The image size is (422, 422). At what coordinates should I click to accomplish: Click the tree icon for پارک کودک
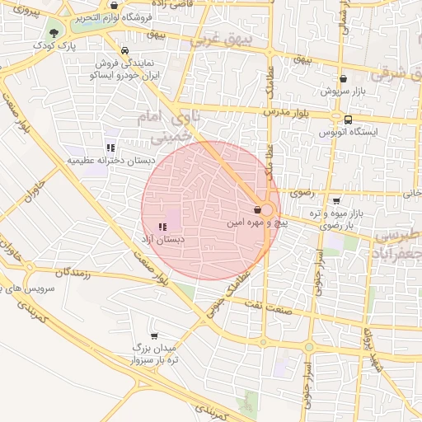click(x=54, y=33)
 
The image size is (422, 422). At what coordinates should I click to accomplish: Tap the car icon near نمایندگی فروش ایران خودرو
click(x=124, y=49)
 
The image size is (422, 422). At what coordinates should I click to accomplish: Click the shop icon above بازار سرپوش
click(x=343, y=79)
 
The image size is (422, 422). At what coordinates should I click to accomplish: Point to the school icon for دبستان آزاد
click(x=162, y=226)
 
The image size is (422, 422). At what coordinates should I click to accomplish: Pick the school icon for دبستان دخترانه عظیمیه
click(x=109, y=148)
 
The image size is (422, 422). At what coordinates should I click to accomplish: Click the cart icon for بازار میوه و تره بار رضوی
click(x=336, y=200)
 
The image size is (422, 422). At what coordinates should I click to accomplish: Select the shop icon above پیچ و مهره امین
click(x=257, y=209)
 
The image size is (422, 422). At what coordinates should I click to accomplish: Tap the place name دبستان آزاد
click(x=164, y=240)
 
